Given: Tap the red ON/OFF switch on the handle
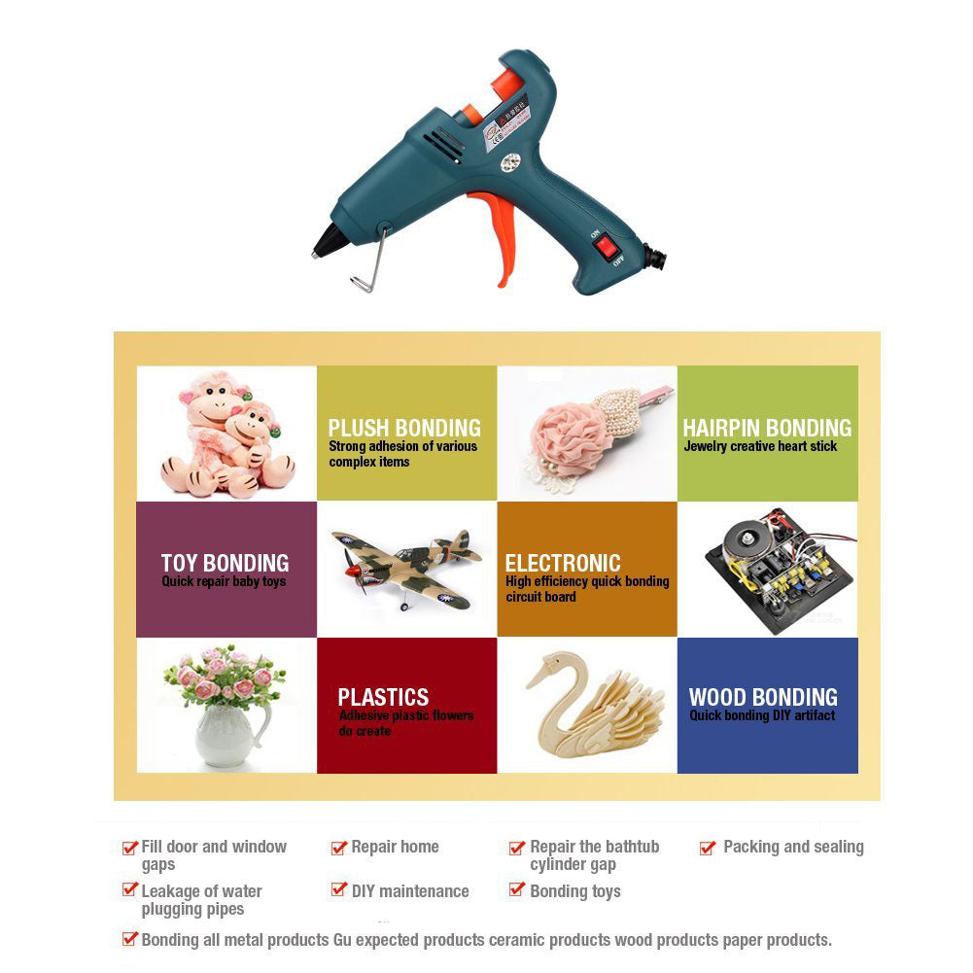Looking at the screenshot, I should click(x=607, y=248).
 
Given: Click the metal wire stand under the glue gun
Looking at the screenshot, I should click(x=369, y=267).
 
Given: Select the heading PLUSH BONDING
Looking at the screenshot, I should click(x=404, y=428).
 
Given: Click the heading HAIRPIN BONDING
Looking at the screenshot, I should click(x=766, y=428).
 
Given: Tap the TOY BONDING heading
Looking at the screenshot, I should click(x=225, y=563).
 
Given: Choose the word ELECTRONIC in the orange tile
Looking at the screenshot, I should click(x=562, y=563).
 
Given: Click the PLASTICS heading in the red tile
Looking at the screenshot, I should click(x=383, y=697).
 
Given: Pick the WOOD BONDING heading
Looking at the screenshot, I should click(x=763, y=697).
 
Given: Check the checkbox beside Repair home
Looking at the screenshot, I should click(x=339, y=848).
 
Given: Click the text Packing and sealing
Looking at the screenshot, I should click(x=793, y=847).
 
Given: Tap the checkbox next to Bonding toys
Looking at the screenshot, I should click(x=517, y=890).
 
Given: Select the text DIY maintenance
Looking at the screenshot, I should click(x=409, y=891).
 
